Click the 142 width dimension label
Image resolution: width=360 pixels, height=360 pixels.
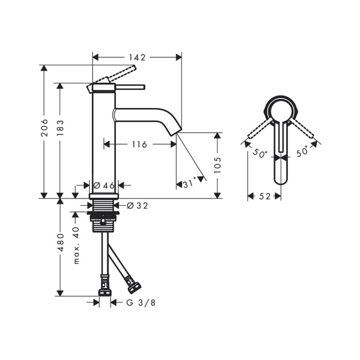(x=137, y=58)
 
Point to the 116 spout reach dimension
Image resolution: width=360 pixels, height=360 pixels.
(x=139, y=144)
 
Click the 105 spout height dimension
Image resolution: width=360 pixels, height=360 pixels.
(x=217, y=165)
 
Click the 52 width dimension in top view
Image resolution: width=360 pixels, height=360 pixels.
(x=265, y=196)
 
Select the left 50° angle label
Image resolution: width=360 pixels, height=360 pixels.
(x=259, y=153)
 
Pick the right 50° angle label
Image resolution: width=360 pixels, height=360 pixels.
(x=302, y=152)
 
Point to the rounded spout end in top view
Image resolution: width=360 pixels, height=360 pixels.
(x=281, y=178)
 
